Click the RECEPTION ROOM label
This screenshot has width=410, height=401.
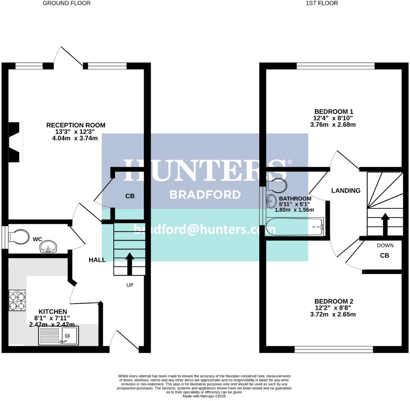coord(76,125)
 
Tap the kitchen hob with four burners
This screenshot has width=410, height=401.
coord(17,301)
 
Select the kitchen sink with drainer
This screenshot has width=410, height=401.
coord(58,335)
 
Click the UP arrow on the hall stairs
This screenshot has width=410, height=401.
coord(129,264)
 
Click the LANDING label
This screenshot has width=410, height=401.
coord(346,191)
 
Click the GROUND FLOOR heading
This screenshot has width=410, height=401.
coord(66,3)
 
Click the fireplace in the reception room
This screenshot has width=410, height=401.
coord(15,142)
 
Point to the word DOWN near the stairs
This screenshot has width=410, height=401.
coord(385,246)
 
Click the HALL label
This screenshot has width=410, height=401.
coord(97,260)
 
